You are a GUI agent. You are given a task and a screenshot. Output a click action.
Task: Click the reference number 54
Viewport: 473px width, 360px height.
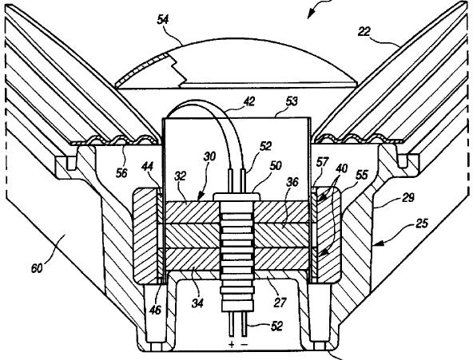[x=163, y=20]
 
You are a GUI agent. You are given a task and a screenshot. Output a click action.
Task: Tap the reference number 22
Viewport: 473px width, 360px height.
[x=364, y=31]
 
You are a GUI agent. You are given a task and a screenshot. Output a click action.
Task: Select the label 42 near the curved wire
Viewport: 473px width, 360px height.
[x=248, y=101]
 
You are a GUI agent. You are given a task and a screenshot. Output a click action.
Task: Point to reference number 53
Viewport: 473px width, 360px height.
[x=291, y=101]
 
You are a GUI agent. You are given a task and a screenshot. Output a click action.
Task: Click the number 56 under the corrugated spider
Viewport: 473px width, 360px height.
[x=121, y=173]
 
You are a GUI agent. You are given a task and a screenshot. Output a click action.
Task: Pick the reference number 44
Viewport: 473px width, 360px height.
[x=148, y=166]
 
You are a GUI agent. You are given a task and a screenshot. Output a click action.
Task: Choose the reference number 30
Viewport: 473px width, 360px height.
[x=209, y=157]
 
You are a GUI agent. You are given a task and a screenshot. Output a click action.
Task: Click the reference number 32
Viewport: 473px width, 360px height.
[x=180, y=176]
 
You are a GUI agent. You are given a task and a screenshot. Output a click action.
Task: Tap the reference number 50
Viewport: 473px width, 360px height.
[x=275, y=165]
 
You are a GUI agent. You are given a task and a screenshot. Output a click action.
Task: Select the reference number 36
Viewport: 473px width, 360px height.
[x=292, y=182]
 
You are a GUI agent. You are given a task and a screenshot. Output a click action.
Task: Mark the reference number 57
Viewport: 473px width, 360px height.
[x=322, y=162]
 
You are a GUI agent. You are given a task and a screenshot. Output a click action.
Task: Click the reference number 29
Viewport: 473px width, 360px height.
[x=408, y=198]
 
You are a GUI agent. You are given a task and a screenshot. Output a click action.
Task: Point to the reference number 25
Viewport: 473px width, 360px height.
[x=421, y=224]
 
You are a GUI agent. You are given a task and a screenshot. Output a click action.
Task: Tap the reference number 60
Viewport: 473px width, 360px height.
[x=37, y=268]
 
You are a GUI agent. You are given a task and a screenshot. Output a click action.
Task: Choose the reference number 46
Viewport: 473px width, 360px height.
[x=156, y=310]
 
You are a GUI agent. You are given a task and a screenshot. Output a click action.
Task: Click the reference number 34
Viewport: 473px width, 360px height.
[x=197, y=303]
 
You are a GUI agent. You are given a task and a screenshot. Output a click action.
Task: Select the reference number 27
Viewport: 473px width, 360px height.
[x=280, y=303]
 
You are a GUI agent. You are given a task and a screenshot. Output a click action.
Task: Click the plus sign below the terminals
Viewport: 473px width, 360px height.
[x=232, y=344]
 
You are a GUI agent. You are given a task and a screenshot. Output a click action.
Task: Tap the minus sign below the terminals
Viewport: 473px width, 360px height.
[x=245, y=344]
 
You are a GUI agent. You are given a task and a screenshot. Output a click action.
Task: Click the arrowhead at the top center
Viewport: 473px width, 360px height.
[x=312, y=14]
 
